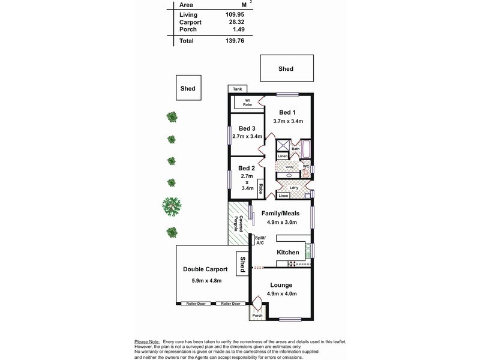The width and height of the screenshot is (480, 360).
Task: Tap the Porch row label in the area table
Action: [188, 29]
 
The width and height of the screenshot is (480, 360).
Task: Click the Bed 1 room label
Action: [288, 112]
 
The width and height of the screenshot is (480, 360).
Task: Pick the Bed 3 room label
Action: [247, 128]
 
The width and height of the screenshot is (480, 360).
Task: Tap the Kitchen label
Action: [287, 253]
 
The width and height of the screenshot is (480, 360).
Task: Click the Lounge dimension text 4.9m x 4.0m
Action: [282, 293]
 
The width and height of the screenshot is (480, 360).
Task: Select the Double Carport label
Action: [205, 269]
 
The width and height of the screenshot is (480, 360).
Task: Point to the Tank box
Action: [238, 89]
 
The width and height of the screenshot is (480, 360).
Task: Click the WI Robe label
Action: [247, 103]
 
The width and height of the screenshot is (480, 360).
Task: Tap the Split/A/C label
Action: [259, 240]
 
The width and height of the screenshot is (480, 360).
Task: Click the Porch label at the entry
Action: [257, 315]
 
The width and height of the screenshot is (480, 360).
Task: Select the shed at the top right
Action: [286, 68]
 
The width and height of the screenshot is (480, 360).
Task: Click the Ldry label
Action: [293, 187]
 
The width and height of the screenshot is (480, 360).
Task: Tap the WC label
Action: [305, 166]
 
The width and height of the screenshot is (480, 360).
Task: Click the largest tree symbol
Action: [172, 206]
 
